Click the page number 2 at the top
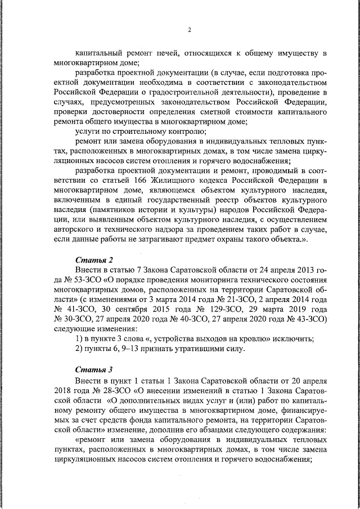point(190,30)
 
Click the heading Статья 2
point(94,260)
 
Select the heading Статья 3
point(94,370)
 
